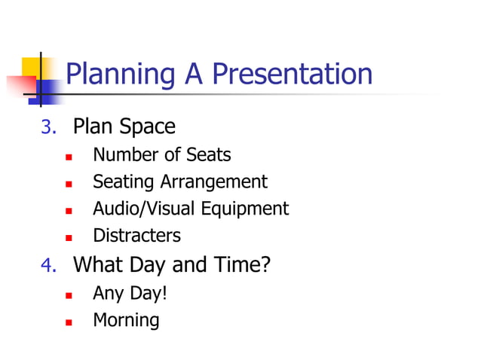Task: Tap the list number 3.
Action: [x=48, y=127]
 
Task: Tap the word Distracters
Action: [x=136, y=236]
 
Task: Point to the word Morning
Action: [x=126, y=320]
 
